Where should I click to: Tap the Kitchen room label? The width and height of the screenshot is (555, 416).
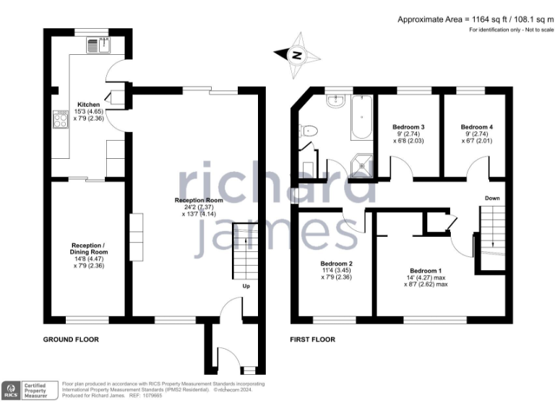click(89, 105)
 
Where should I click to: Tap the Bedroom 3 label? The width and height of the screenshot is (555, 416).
click(408, 127)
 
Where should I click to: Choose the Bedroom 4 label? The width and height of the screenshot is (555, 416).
click(476, 127)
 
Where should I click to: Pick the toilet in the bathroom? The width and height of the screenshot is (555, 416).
click(309, 131)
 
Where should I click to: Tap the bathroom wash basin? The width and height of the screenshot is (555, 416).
click(335, 102)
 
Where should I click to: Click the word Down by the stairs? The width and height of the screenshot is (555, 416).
click(492, 197)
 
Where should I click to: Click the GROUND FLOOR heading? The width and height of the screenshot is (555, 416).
click(71, 339)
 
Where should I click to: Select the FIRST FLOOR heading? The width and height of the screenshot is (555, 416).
click(312, 339)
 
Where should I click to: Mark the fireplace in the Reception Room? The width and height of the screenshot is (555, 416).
click(136, 234)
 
